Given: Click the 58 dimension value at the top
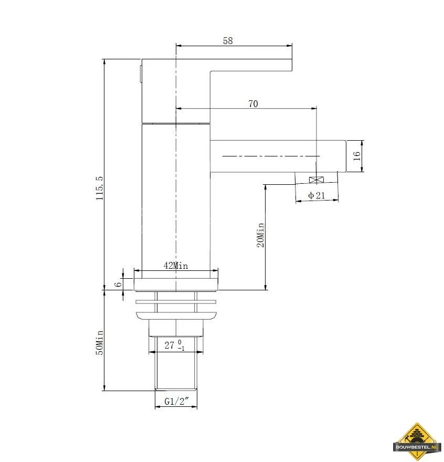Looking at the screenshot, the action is (x=228, y=40).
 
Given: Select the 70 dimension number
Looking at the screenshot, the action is (x=253, y=104).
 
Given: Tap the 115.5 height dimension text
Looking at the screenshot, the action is (x=100, y=188).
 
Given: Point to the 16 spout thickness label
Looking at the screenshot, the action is (x=356, y=156).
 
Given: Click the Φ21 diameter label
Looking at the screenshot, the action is (x=316, y=195).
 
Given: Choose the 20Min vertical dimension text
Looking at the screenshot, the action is (x=261, y=235).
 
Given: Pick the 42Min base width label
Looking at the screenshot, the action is (x=176, y=266).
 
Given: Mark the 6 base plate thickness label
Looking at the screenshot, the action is (x=118, y=285).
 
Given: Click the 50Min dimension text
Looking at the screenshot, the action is (x=100, y=342).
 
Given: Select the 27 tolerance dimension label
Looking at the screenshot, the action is (x=174, y=345).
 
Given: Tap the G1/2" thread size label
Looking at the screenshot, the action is (x=176, y=401).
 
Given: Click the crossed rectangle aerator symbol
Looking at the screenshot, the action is (x=316, y=180).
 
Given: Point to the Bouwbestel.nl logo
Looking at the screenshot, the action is (x=417, y=442).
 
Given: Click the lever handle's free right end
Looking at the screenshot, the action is (x=292, y=65).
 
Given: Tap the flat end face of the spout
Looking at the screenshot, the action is (x=345, y=156).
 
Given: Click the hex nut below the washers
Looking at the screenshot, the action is (x=176, y=328).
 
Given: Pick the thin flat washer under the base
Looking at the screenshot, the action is (x=176, y=302).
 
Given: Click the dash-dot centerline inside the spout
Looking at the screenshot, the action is (x=271, y=156).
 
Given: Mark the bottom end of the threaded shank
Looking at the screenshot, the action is (x=176, y=390).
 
